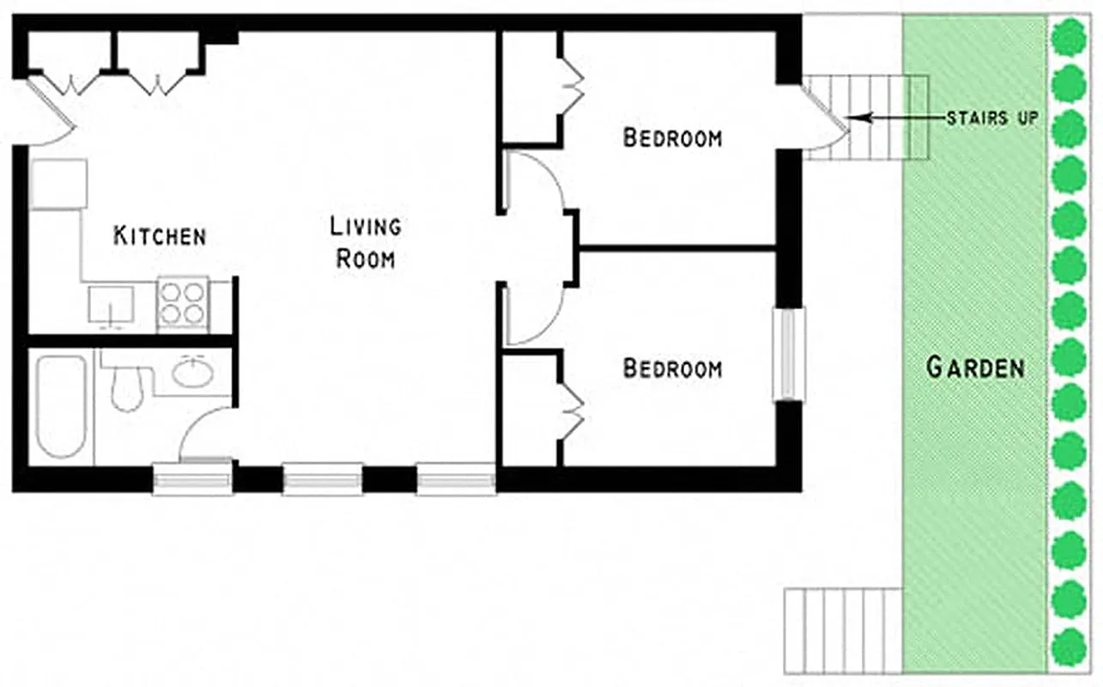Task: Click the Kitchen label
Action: pyautogui.click(x=160, y=235)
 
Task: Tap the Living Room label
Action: pyautogui.click(x=366, y=242)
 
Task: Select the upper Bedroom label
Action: pyautogui.click(x=672, y=137)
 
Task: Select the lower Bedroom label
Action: pyautogui.click(x=672, y=368)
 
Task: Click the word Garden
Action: pyautogui.click(x=976, y=368)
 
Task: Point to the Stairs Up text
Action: pyautogui.click(x=991, y=118)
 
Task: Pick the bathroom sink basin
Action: pyautogui.click(x=191, y=373)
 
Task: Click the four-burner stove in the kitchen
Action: pyautogui.click(x=183, y=303)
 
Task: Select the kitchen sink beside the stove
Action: pyautogui.click(x=112, y=305)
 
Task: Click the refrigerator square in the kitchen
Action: pyautogui.click(x=58, y=183)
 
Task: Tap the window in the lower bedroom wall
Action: pyautogui.click(x=789, y=354)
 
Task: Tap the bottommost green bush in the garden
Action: pyautogui.click(x=1069, y=646)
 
